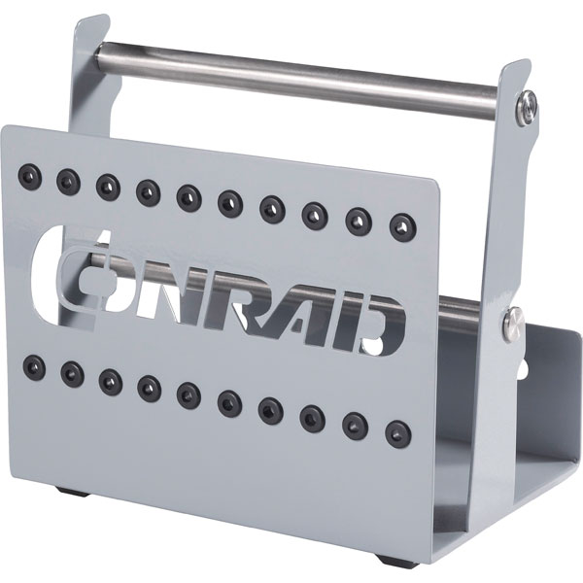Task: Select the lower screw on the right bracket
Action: [512, 327]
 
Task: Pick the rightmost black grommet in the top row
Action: [398, 224]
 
